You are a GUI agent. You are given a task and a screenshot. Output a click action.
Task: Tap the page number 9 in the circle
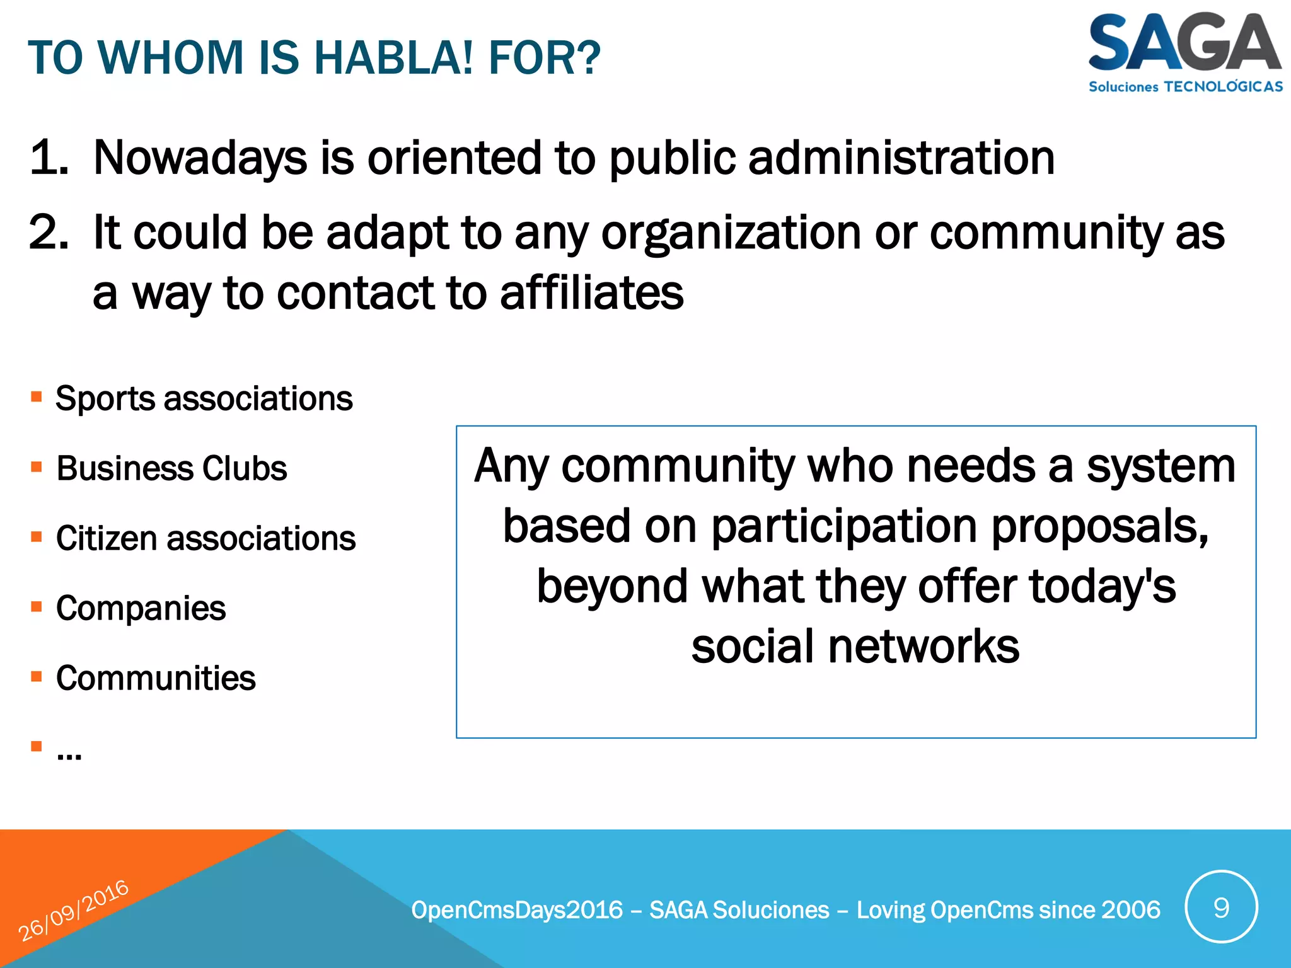pyautogui.click(x=1221, y=907)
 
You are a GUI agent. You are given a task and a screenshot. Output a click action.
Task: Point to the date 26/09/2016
pyautogui.click(x=73, y=911)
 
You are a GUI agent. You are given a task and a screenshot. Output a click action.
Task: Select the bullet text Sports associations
pyautogui.click(x=204, y=398)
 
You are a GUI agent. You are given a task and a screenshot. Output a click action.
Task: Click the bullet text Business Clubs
pyautogui.click(x=171, y=468)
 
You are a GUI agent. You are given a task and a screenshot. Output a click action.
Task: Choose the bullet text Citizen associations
pyautogui.click(x=206, y=538)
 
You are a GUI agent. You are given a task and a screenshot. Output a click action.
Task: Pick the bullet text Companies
pyautogui.click(x=141, y=608)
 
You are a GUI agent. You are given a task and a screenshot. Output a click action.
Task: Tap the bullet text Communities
pyautogui.click(x=156, y=678)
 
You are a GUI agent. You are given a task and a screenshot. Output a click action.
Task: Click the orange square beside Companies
pyautogui.click(x=37, y=607)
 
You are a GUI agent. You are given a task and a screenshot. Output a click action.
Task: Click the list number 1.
pyautogui.click(x=49, y=158)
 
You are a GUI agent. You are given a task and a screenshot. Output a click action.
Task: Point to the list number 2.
pyautogui.click(x=49, y=233)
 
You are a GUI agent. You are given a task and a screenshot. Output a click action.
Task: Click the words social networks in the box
pyautogui.click(x=855, y=647)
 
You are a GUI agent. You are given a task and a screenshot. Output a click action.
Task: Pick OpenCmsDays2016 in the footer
pyautogui.click(x=517, y=910)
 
